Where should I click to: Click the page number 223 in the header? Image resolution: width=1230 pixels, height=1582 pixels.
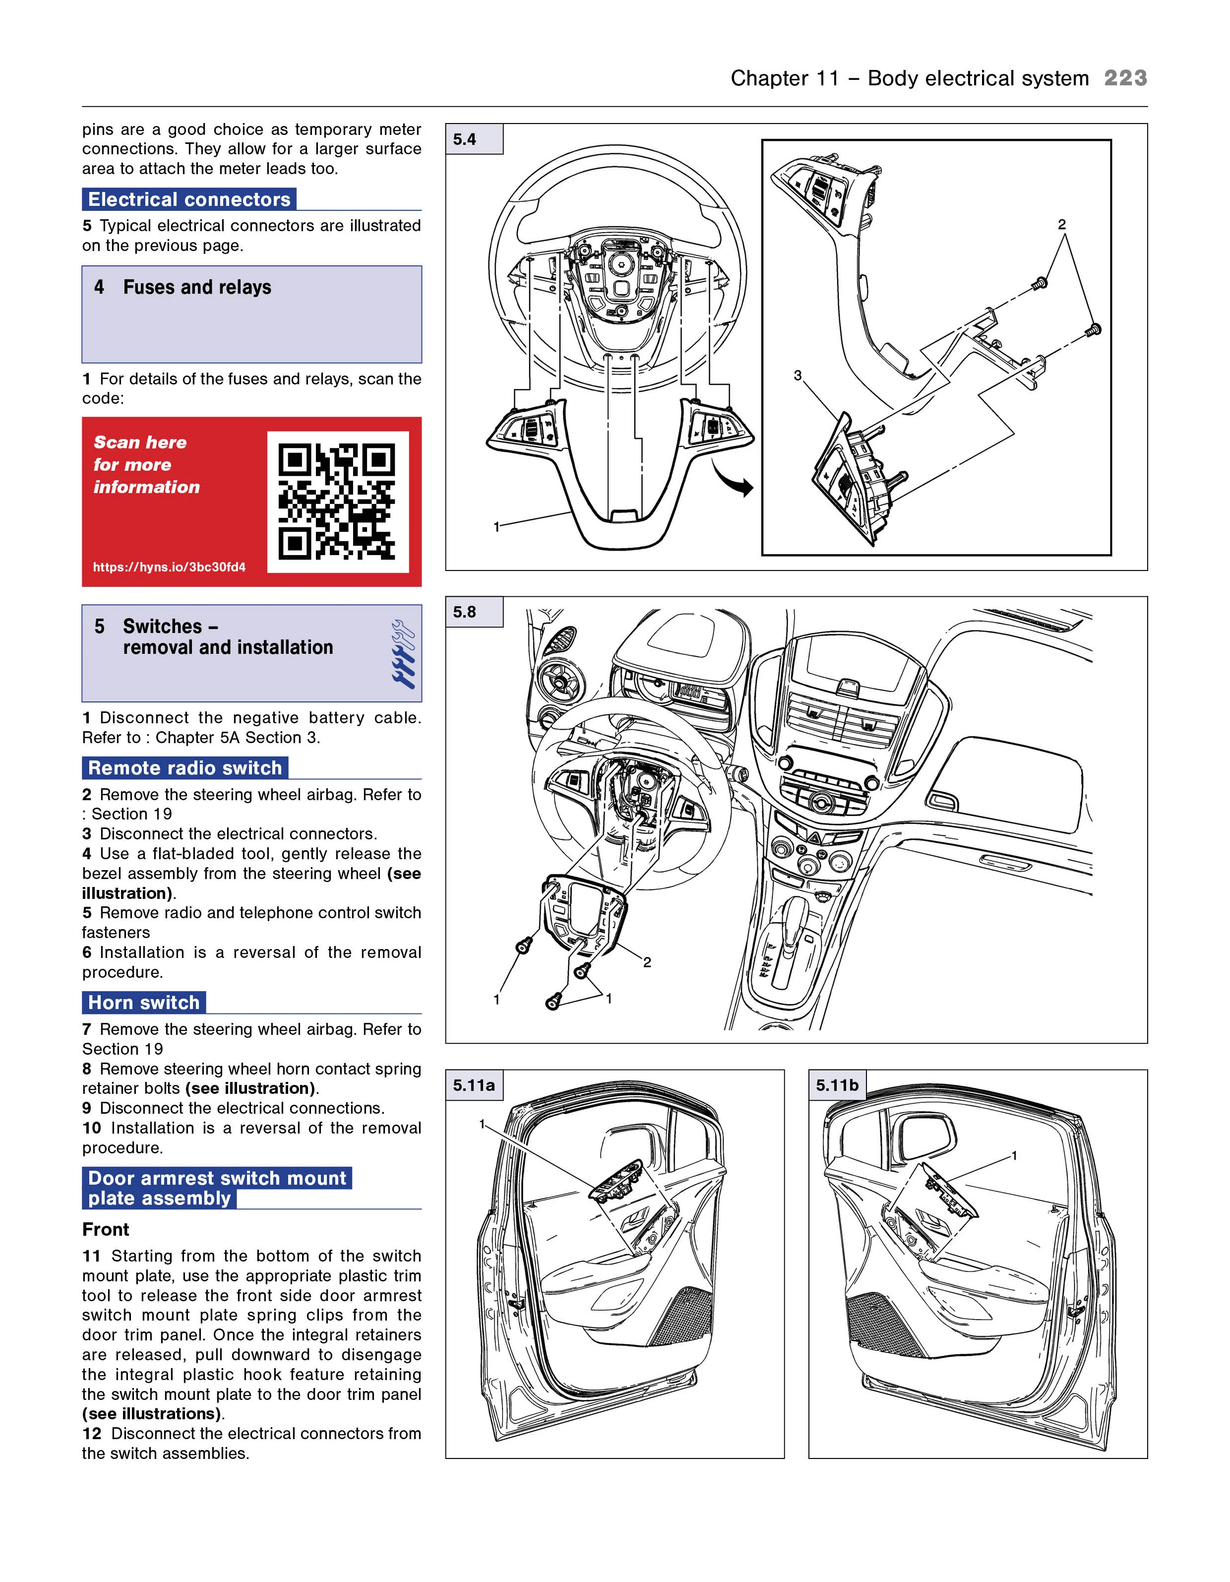click(1124, 78)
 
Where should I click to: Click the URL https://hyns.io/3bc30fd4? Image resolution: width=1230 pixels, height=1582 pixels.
click(169, 567)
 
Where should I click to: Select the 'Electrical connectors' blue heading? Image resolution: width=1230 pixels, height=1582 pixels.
click(189, 199)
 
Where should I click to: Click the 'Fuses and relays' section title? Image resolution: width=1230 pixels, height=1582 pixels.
click(197, 288)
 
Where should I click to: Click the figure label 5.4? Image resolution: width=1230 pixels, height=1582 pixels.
click(464, 139)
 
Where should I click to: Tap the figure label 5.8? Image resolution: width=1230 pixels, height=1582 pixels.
click(464, 612)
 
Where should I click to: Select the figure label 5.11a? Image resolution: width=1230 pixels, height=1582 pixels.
click(474, 1085)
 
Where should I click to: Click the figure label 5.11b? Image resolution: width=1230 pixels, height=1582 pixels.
click(837, 1085)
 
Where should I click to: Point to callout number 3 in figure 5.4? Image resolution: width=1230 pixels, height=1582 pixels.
click(798, 375)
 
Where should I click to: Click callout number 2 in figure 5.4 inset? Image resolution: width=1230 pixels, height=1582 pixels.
click(1062, 225)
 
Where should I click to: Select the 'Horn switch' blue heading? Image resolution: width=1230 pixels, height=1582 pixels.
click(143, 1003)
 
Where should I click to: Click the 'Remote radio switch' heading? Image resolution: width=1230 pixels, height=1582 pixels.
click(184, 768)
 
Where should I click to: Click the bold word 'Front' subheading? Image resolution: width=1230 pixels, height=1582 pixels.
click(106, 1229)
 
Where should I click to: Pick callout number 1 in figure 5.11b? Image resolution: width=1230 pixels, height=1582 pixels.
click(1014, 1155)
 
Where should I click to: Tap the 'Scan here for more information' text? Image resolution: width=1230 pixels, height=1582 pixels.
click(146, 464)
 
